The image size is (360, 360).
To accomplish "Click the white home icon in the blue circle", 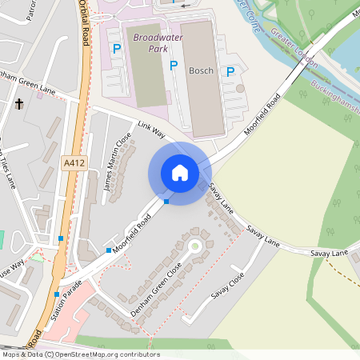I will coord(179,173).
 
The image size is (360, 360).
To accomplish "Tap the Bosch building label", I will coord(201,70).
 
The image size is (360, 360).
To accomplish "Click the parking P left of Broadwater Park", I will coord(117,50).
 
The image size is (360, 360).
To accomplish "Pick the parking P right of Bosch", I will coord(230,71).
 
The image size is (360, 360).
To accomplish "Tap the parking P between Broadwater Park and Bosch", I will coord(174,66).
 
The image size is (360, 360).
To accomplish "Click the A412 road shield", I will coord(73,162).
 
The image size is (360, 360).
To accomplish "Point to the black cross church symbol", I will coord(19,104).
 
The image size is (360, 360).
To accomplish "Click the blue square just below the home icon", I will coord(166,202).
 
